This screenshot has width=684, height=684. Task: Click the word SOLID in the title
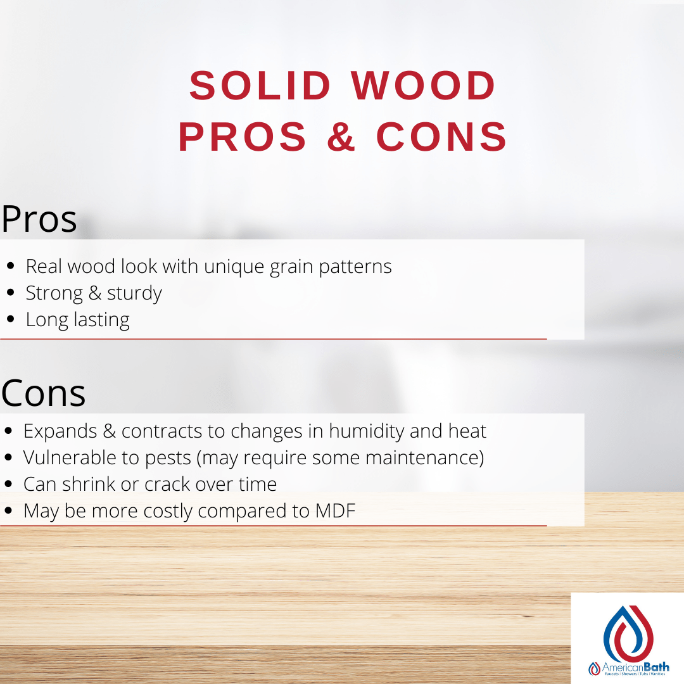[260, 86]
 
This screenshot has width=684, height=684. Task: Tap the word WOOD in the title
[423, 86]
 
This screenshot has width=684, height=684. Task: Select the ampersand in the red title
[342, 137]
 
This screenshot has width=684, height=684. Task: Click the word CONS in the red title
[442, 137]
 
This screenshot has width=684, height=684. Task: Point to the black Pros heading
[39, 219]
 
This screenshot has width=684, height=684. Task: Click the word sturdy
[134, 293]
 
